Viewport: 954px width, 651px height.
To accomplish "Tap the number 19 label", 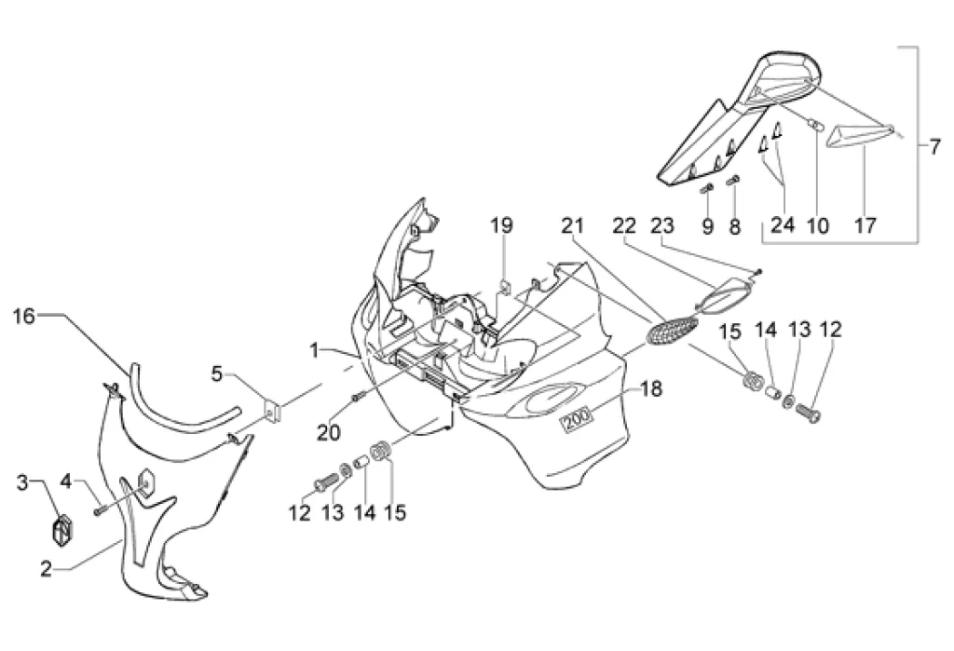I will pyautogui.click(x=502, y=224).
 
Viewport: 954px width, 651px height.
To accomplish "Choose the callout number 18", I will pyautogui.click(x=651, y=388).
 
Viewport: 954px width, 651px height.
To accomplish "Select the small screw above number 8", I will pyautogui.click(x=732, y=180).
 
